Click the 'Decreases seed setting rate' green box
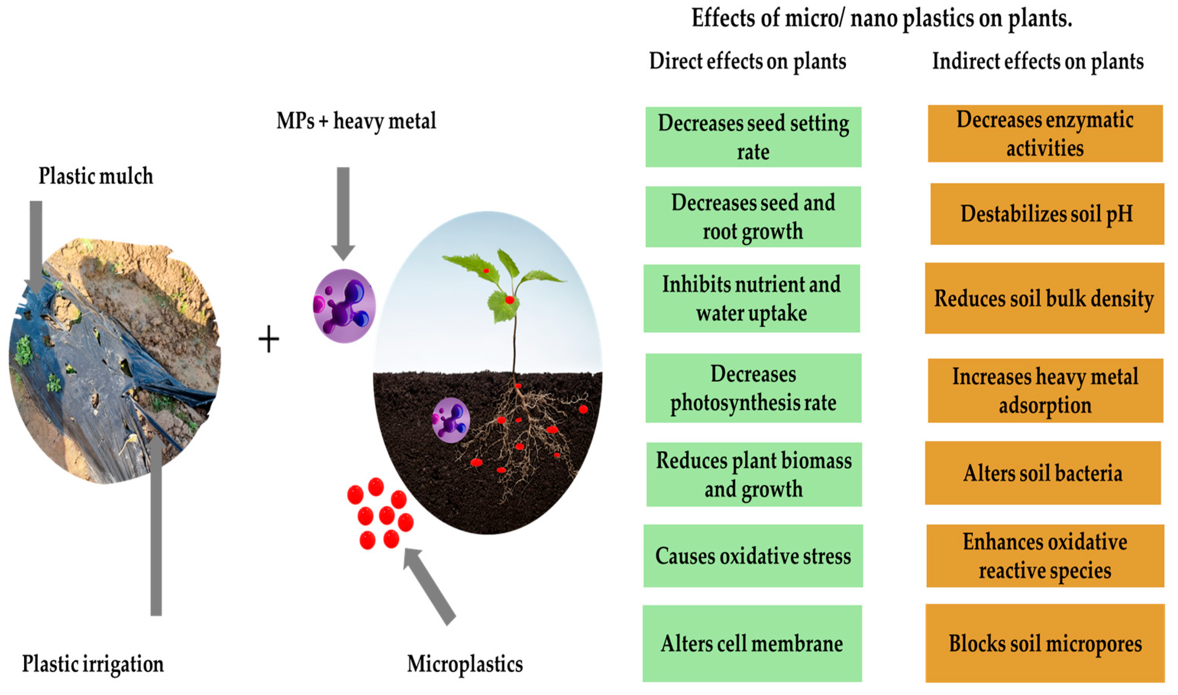click(753, 137)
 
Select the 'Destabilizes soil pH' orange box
click(1047, 214)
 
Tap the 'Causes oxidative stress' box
click(753, 556)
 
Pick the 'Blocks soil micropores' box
click(1045, 643)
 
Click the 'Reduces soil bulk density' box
click(1045, 298)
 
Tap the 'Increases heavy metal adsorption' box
click(1046, 391)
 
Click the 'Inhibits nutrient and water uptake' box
click(752, 298)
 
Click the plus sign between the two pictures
click(269, 339)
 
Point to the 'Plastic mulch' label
click(96, 176)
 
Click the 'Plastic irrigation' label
click(93, 664)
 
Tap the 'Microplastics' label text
click(465, 664)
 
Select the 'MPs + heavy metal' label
click(356, 121)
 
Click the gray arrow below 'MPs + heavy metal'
click(343, 213)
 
